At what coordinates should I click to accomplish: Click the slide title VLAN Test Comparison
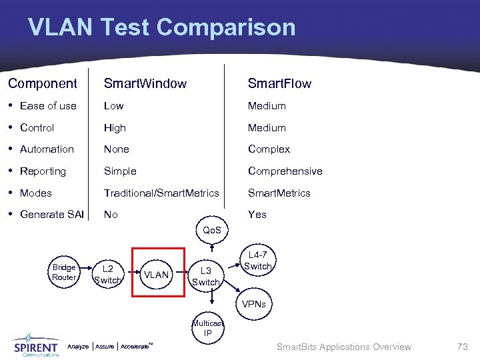point(161,27)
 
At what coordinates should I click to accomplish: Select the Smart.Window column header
point(145,83)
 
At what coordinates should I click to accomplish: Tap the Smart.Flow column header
point(279,83)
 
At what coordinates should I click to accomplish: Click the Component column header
point(43,83)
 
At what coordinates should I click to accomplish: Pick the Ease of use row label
point(48,105)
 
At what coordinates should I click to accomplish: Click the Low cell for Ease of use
point(113,105)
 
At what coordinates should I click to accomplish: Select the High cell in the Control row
point(115,127)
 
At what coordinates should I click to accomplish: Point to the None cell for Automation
point(116,149)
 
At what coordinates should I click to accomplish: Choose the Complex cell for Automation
point(269,149)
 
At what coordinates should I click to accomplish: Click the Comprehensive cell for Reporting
point(285,171)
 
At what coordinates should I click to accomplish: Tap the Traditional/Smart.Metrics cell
point(161,193)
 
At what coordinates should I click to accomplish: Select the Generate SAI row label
point(52,215)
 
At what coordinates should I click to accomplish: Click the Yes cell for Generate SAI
point(257,215)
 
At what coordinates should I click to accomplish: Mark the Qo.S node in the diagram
point(212,230)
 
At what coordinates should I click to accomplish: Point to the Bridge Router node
point(64,272)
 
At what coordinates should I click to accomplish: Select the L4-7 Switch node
point(257,261)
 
